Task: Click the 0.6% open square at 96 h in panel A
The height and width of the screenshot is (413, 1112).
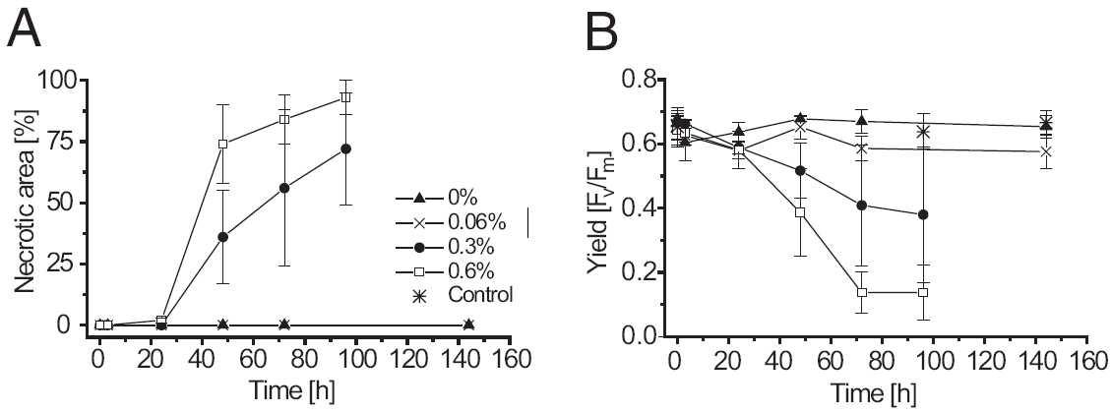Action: click(x=345, y=97)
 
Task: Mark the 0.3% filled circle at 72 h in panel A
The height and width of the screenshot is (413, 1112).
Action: click(x=284, y=188)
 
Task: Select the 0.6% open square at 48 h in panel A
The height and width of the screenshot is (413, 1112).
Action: click(x=222, y=144)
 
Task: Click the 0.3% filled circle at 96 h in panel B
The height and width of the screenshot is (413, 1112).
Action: click(x=923, y=214)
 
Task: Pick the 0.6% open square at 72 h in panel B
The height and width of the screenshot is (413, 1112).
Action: click(x=861, y=292)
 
